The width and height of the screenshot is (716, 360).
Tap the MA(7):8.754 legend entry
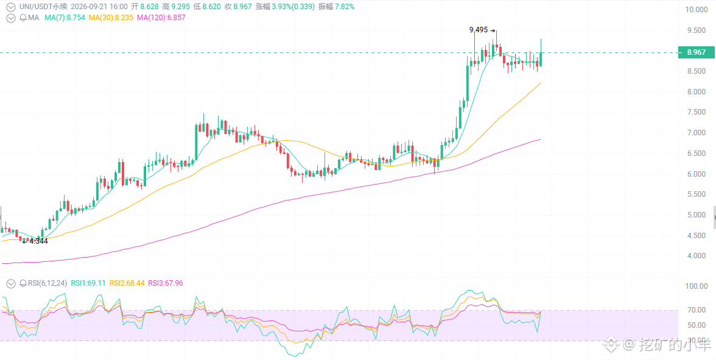65,18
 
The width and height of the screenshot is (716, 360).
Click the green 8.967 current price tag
696,52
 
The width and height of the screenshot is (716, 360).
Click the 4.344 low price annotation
38,241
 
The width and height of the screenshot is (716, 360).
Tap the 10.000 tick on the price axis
699,10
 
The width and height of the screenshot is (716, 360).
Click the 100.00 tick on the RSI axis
699,286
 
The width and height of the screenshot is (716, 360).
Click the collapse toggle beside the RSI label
10,283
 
